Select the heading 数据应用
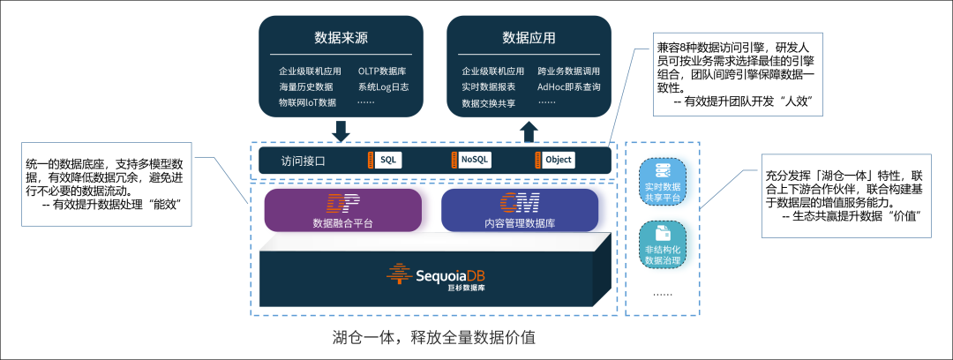point(529,37)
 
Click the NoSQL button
point(474,160)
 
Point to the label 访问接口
point(304,161)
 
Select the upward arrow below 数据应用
point(529,131)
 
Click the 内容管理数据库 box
point(519,210)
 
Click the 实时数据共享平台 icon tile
point(663,181)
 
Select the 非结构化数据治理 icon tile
point(663,244)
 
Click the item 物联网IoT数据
point(308,102)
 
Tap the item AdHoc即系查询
point(569,86)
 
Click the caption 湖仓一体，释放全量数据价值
point(434,338)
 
